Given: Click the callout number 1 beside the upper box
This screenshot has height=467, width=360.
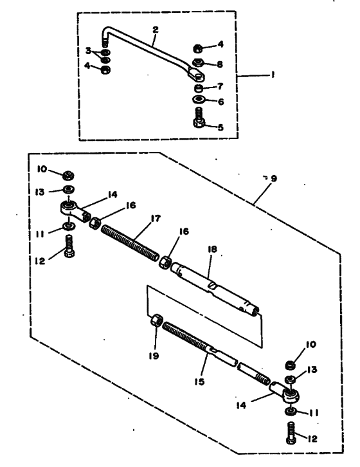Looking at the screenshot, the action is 273,75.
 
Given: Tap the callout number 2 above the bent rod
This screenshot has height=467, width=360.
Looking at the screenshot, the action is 155,30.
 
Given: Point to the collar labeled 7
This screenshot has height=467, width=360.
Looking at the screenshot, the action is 198,89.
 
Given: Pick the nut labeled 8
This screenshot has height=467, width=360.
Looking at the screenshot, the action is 198,62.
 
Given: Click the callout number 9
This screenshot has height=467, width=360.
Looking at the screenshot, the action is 274,178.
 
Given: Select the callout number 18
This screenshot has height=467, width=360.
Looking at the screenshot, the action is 212,249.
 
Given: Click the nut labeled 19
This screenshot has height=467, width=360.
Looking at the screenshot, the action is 157,320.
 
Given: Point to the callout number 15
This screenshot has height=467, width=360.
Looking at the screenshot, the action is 199,381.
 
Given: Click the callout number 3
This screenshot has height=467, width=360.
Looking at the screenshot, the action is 88,51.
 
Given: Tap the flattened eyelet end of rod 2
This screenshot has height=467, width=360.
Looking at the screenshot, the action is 195,74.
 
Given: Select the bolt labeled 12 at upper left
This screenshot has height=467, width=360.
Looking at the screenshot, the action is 69,246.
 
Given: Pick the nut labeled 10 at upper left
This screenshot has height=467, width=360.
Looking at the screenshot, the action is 68,176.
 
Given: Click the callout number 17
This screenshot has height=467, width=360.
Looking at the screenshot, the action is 156,218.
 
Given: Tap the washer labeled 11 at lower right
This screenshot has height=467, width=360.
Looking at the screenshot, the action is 290,411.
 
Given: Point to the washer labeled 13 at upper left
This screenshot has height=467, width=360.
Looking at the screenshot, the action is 69,189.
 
